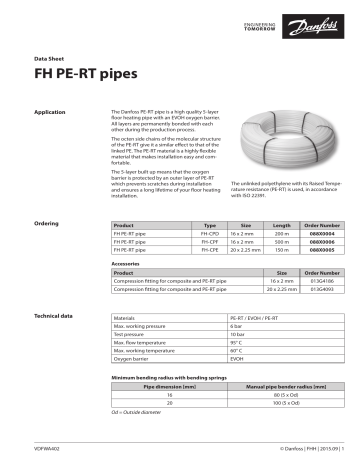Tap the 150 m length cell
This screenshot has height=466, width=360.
(x=281, y=250)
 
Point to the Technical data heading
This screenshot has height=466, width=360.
(x=56, y=316)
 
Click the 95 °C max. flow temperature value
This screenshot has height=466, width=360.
(x=238, y=343)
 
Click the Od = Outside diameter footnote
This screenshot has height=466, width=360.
(x=141, y=411)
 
